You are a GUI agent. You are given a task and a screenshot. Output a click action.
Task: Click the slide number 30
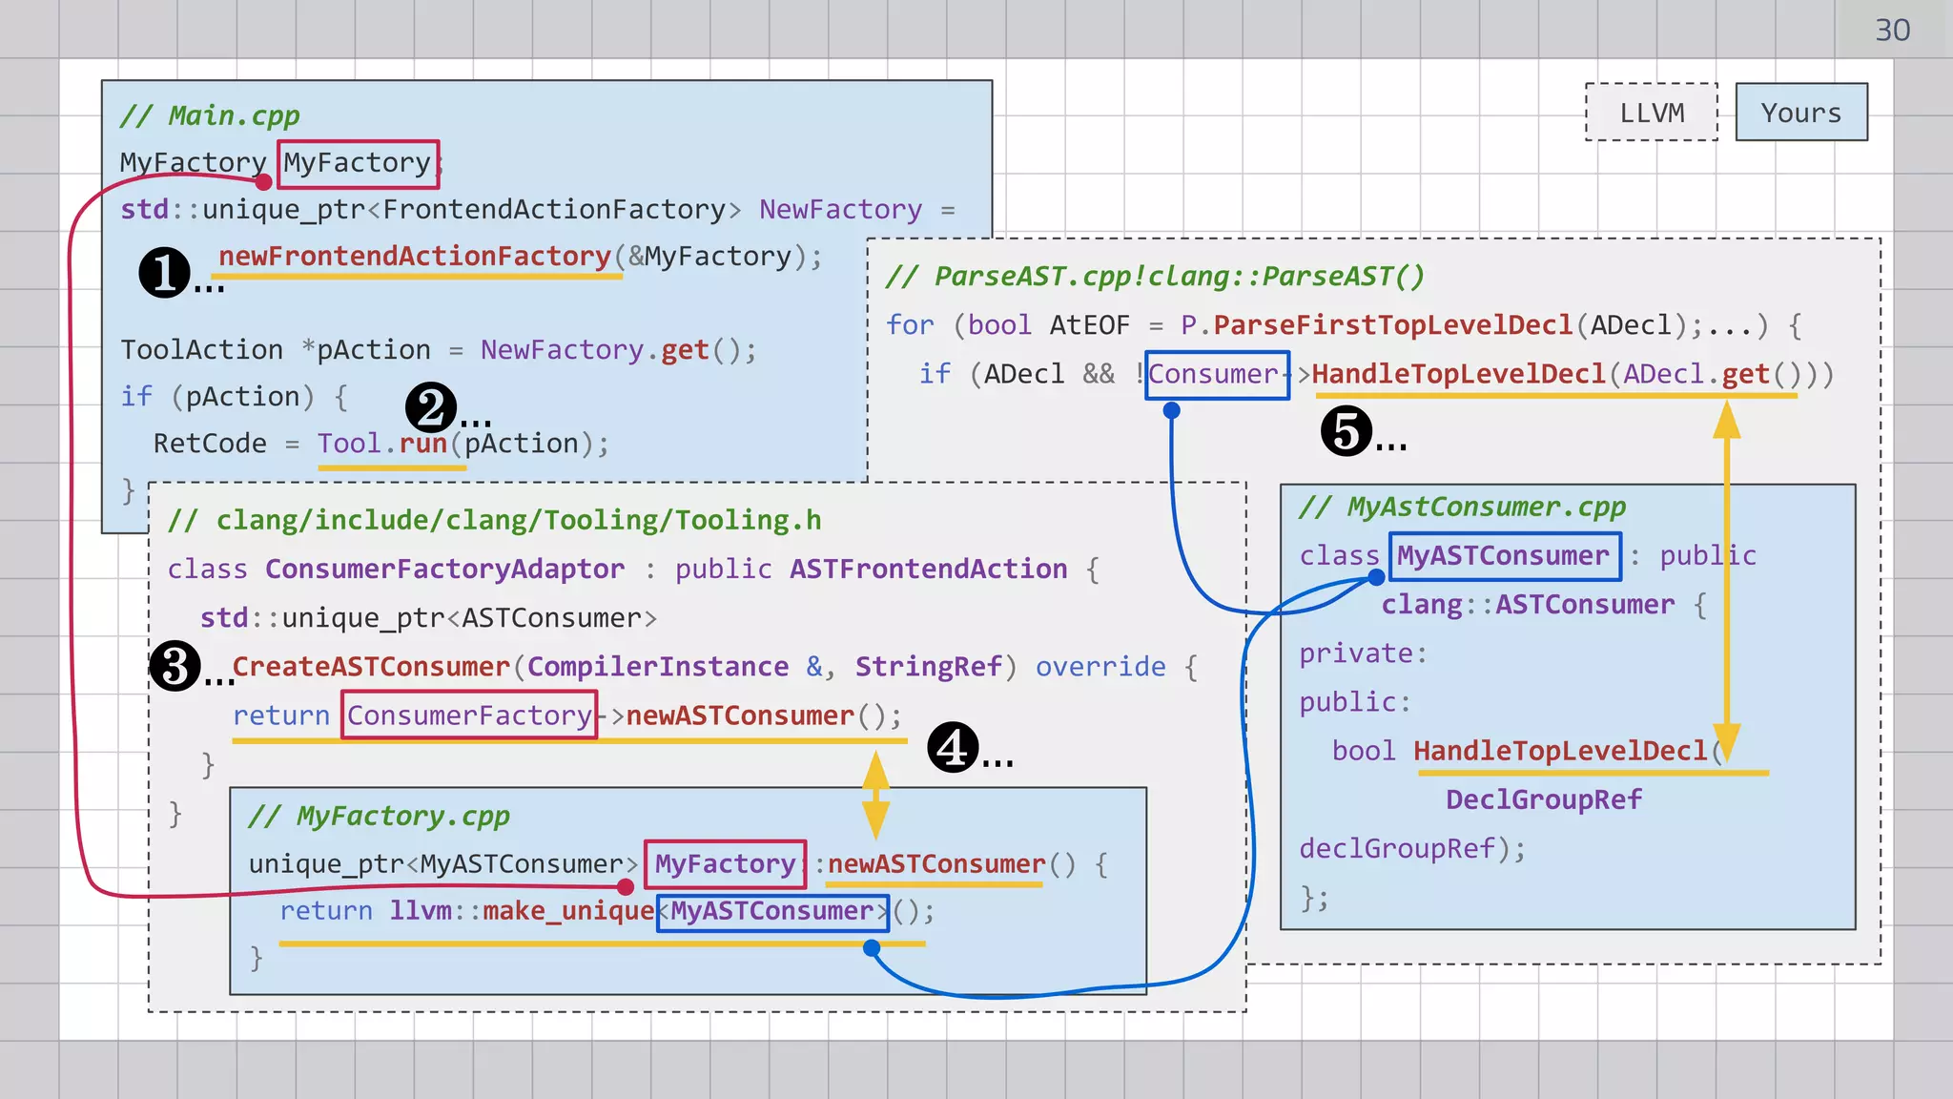[x=1892, y=31]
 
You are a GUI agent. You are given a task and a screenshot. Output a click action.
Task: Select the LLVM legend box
[x=1652, y=113]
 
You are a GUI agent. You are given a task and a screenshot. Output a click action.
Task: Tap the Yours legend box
[x=1800, y=113]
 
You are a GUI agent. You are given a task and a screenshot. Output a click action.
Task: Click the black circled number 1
[x=165, y=273]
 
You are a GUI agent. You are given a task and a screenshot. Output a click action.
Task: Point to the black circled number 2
[x=431, y=408]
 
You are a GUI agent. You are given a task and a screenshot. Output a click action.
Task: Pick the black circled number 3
[x=175, y=666]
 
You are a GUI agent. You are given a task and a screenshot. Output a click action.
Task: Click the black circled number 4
[x=953, y=747]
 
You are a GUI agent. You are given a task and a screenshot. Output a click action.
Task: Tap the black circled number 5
[x=1346, y=431]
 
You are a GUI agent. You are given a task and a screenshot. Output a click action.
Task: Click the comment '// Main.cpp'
[x=210, y=116]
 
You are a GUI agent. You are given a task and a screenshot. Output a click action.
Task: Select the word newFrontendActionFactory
[x=414, y=257]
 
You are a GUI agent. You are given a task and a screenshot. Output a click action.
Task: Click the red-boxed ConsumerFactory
[x=469, y=715]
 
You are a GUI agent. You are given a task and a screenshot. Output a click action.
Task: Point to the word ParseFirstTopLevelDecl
[x=1392, y=325]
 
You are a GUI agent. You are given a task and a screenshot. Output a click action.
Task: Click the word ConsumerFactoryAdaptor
[x=444, y=570]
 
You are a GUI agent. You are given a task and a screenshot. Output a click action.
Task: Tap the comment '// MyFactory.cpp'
[x=380, y=817]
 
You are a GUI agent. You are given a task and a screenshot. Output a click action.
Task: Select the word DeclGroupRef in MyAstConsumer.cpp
[x=1543, y=799]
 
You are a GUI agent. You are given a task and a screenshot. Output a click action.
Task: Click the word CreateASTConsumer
[x=371, y=667]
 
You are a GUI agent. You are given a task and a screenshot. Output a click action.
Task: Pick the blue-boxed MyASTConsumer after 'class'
[x=1504, y=556]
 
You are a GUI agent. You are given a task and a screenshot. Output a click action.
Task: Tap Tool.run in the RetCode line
[x=382, y=444]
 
